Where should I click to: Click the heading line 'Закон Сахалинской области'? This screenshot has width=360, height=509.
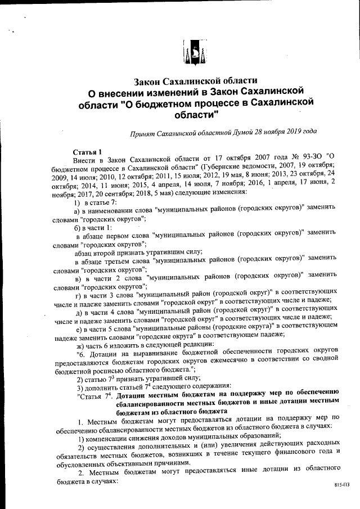click(193, 80)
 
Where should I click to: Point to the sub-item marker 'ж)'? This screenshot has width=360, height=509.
click(80, 344)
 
